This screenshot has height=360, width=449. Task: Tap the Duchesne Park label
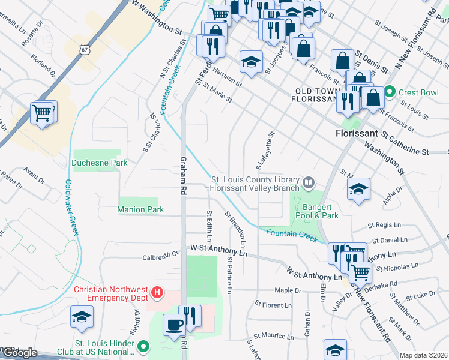(91, 162)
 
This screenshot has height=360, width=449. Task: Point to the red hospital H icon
(157, 292)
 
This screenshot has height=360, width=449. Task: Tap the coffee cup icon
(175, 324)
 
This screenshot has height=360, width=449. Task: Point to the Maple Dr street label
(287, 290)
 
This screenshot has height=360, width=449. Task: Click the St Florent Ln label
(273, 305)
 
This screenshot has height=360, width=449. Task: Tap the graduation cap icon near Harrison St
(252, 61)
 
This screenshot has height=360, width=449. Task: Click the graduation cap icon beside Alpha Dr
(358, 189)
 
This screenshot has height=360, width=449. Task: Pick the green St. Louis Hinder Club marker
(143, 346)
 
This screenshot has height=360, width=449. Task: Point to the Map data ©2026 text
(424, 355)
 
